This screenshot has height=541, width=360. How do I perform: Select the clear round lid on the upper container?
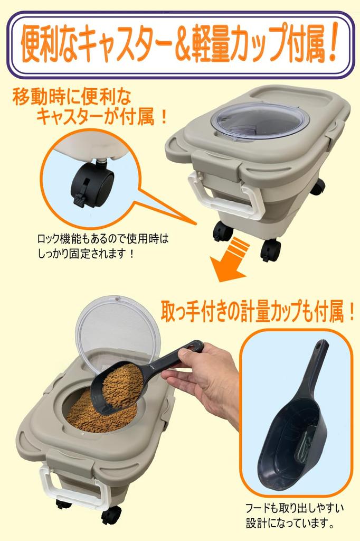[260, 122]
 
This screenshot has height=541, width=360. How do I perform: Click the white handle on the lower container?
[74, 487]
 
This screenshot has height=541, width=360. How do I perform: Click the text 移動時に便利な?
[72, 98]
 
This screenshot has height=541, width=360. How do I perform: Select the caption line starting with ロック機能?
[102, 239]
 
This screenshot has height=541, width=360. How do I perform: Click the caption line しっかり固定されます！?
[86, 254]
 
